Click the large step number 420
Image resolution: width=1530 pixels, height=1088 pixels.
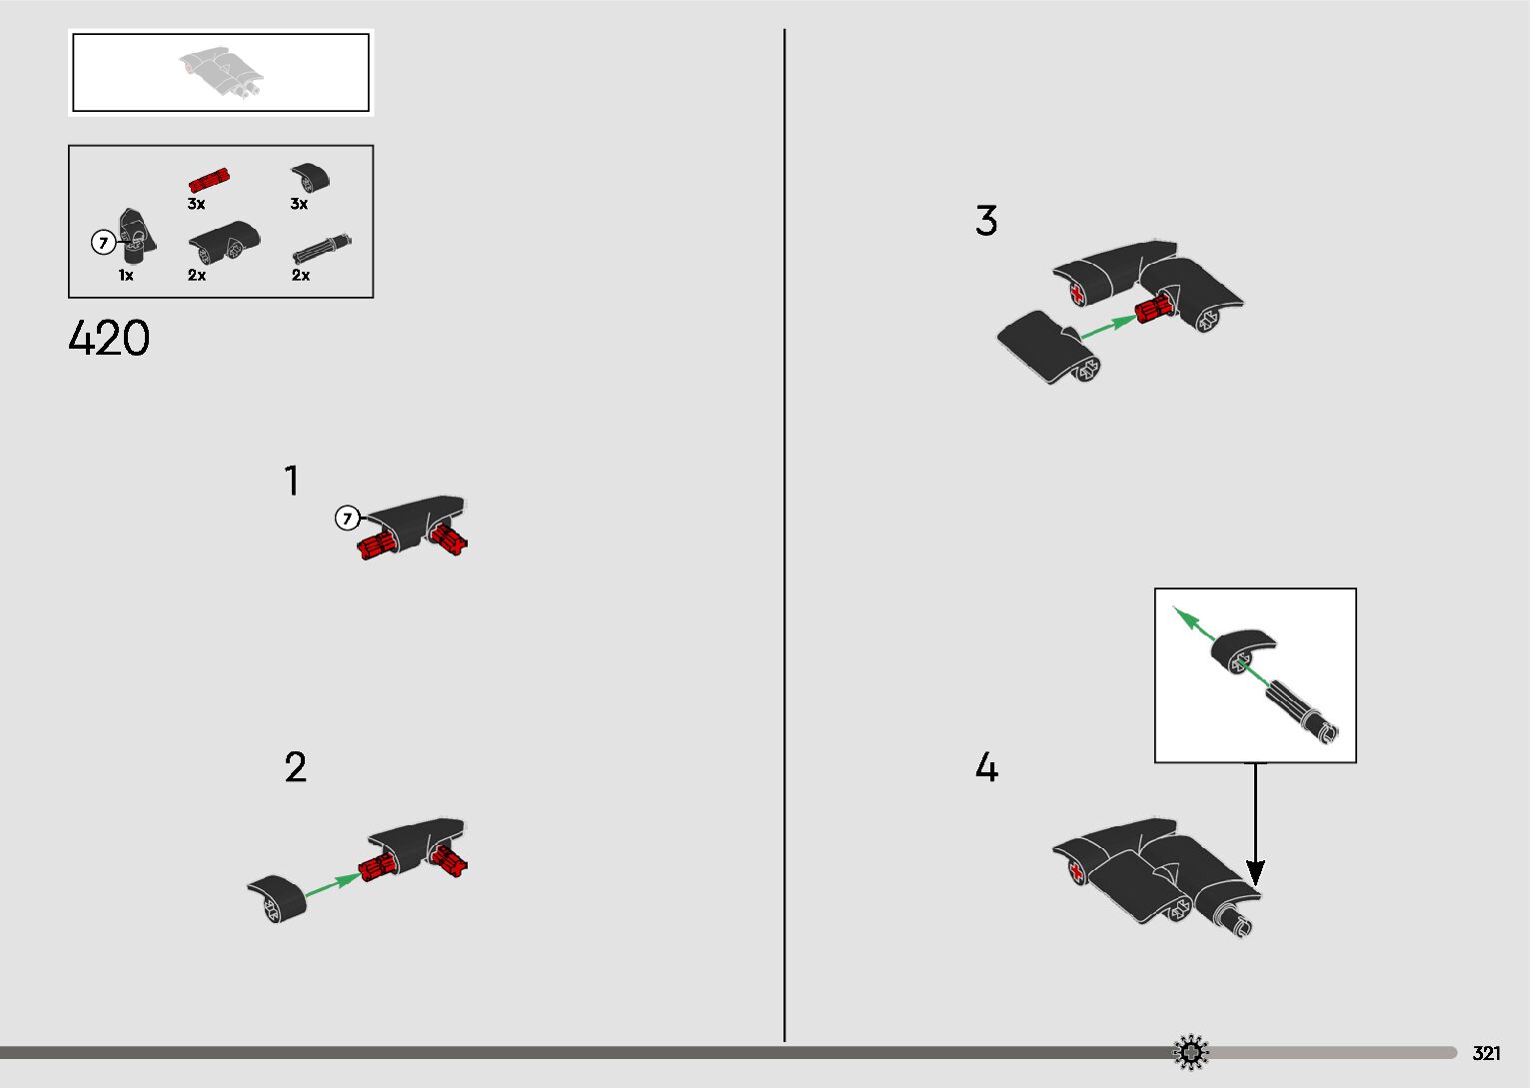tap(109, 338)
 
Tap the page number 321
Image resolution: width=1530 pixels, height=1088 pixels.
tap(1486, 1053)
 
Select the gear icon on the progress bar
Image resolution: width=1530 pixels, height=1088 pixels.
tap(1190, 1052)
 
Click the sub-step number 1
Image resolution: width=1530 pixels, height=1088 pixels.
tap(292, 481)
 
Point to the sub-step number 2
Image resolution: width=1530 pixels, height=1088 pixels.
tap(295, 766)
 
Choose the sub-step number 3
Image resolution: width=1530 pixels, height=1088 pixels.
tap(986, 220)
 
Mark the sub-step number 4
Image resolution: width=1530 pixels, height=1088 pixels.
tap(987, 766)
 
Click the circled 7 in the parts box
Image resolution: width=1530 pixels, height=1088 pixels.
tap(103, 242)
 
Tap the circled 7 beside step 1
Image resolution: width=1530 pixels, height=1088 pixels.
tap(347, 519)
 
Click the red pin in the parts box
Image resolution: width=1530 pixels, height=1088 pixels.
tap(209, 180)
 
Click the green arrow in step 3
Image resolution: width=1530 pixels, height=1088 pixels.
tap(1108, 327)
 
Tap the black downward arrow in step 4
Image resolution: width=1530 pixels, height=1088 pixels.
tap(1255, 824)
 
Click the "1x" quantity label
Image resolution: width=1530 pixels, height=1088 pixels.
tap(126, 275)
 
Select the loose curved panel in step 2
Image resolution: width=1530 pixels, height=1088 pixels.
tap(277, 899)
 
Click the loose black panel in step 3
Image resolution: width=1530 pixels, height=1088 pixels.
tap(1048, 347)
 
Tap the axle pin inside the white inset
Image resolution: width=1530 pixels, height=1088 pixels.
tap(1301, 714)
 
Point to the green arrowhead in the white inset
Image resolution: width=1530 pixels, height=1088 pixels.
tap(1185, 617)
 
